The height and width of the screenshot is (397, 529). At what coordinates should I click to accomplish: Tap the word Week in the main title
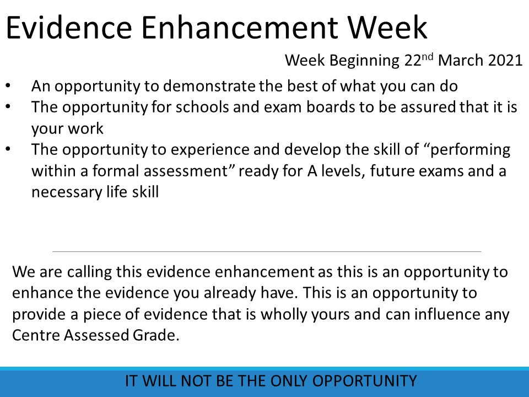click(387, 28)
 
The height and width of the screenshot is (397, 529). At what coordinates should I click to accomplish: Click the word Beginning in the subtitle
click(364, 61)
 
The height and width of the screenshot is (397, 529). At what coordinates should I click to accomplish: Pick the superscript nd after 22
click(427, 56)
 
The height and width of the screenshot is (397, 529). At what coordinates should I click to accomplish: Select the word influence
click(447, 314)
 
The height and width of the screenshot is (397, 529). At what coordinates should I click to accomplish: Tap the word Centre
click(36, 335)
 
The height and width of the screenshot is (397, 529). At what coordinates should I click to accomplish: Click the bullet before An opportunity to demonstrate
click(8, 86)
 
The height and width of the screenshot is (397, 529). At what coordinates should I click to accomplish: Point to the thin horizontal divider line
click(267, 251)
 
